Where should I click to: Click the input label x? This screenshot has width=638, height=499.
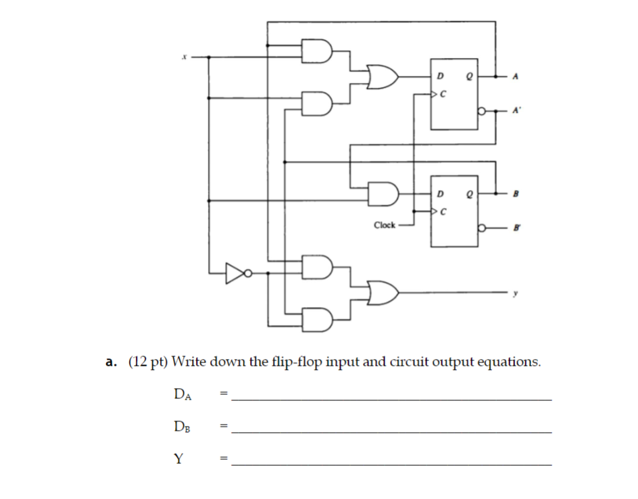point(182,58)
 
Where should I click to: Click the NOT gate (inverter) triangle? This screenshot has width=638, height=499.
point(234,273)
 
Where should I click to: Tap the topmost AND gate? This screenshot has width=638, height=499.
point(318,51)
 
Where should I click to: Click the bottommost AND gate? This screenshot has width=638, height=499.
point(318,320)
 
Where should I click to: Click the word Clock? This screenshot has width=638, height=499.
point(384,224)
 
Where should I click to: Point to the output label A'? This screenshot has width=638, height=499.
point(516,109)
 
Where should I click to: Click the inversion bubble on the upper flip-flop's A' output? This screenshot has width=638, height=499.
point(481,109)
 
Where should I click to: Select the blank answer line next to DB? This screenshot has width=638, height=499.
point(391,431)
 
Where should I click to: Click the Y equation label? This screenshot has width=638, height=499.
point(178,459)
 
